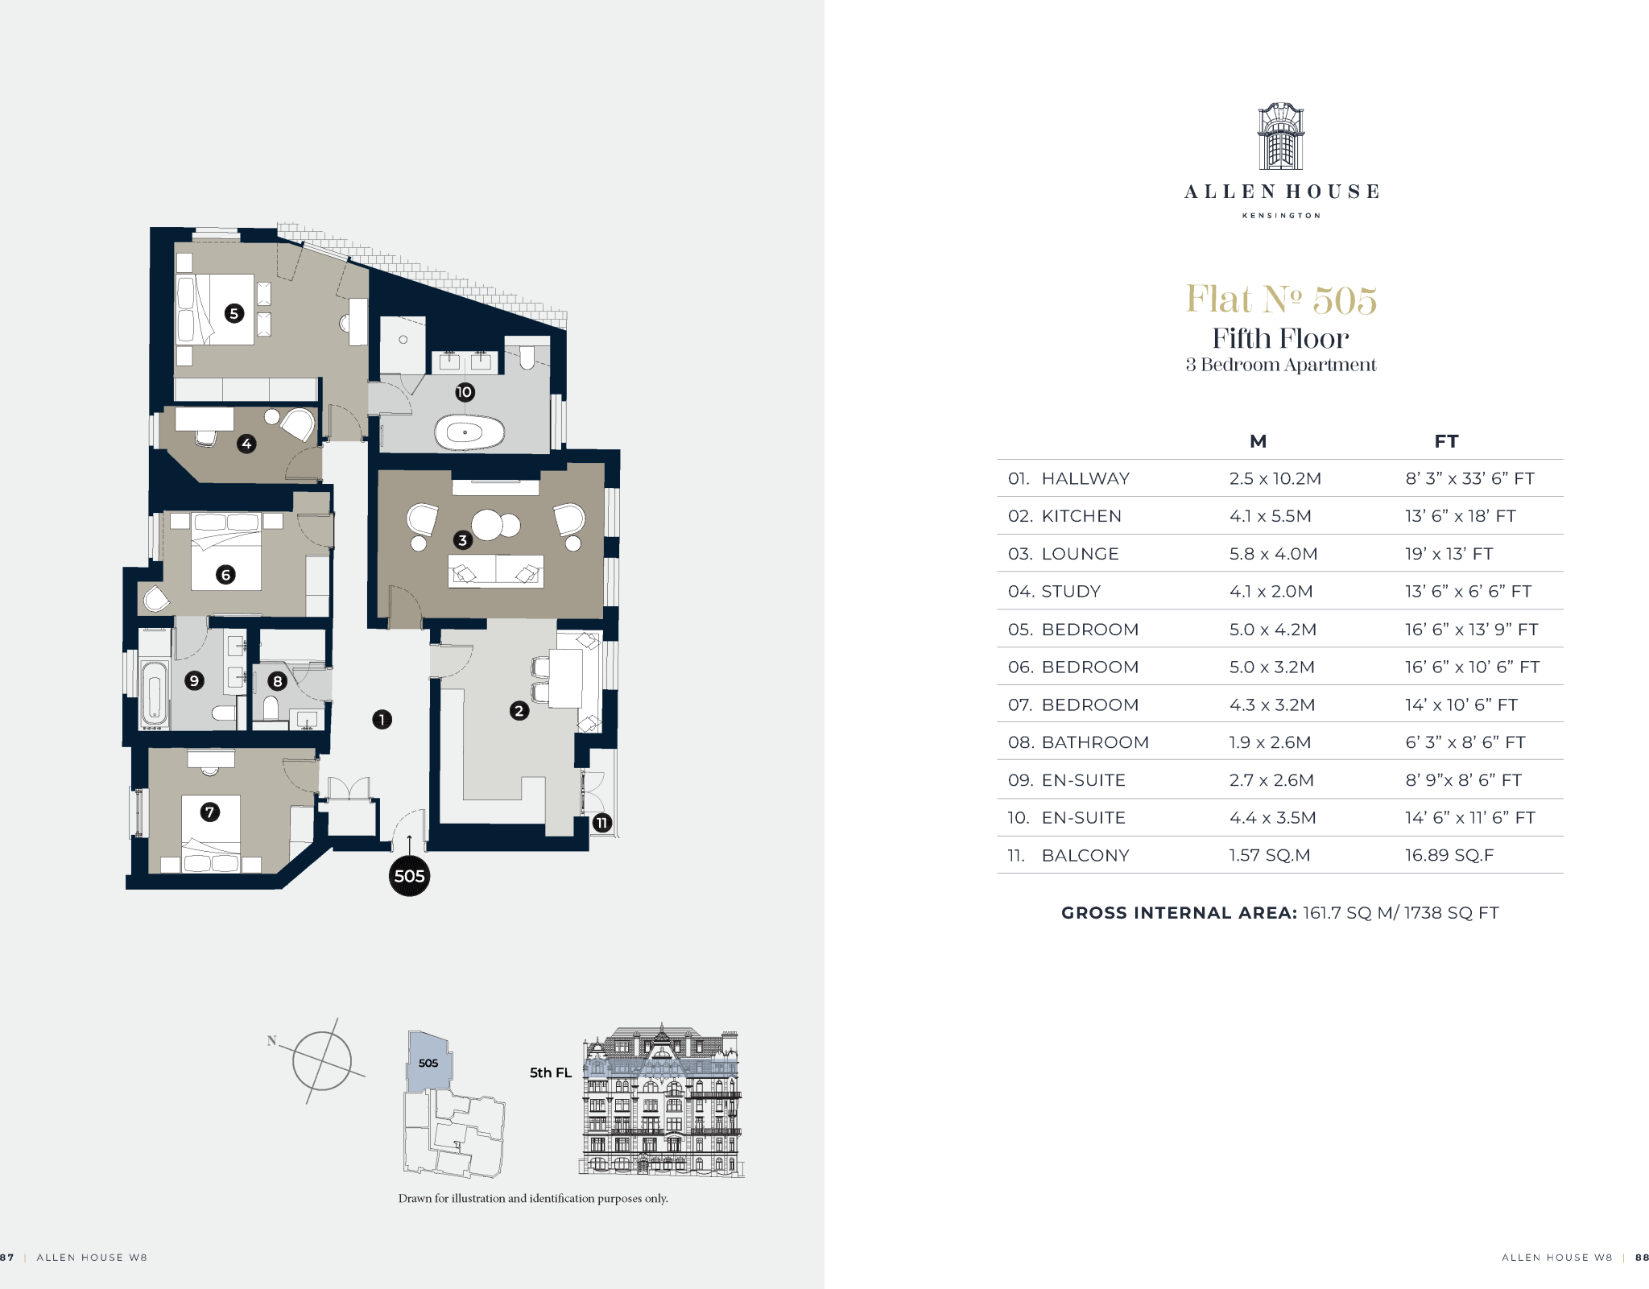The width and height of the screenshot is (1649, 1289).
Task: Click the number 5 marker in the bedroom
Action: (234, 313)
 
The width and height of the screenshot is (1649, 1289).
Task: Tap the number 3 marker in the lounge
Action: (462, 539)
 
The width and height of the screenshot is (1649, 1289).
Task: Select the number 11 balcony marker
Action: (601, 823)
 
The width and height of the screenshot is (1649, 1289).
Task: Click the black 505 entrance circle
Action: (409, 876)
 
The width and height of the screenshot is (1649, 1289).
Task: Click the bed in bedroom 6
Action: (226, 552)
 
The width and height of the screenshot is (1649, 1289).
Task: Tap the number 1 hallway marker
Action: (382, 719)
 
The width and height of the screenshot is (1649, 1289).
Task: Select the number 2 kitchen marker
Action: (519, 710)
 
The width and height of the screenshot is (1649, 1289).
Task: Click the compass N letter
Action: (272, 1040)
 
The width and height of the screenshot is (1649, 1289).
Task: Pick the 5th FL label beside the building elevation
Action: (551, 1072)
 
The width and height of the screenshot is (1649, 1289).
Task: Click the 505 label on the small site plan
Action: (428, 1063)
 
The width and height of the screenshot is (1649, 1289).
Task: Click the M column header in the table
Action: (1258, 441)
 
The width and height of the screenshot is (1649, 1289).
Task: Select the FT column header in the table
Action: (1446, 441)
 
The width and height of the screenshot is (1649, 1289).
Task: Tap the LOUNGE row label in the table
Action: (1080, 554)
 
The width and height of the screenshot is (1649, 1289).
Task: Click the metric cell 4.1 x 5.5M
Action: (1270, 516)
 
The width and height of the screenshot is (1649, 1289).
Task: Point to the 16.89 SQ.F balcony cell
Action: (1449, 855)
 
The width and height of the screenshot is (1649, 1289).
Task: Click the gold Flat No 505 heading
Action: (1281, 300)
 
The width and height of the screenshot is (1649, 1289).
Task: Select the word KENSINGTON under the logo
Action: (1281, 216)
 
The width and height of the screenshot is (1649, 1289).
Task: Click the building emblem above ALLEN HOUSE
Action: (1281, 136)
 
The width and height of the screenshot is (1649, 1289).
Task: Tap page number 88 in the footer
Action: (1642, 1257)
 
